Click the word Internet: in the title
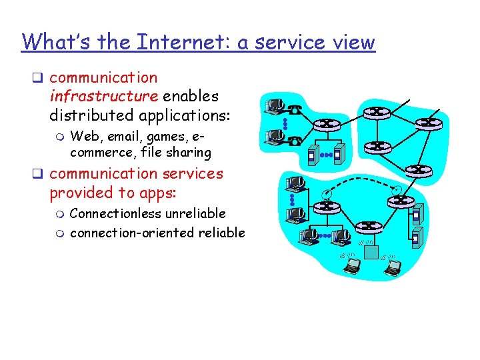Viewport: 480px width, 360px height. pos(172,42)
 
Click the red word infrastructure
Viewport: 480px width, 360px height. pos(103,96)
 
